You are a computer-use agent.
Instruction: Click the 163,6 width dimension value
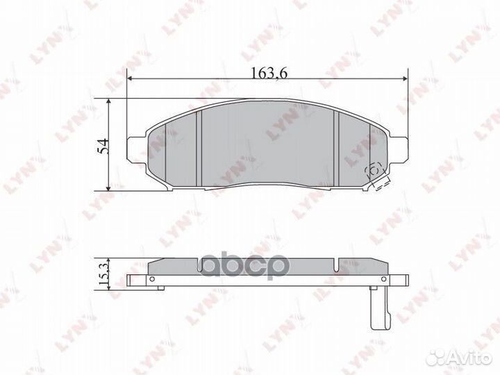point(266,71)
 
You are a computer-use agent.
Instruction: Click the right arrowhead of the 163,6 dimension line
point(405,79)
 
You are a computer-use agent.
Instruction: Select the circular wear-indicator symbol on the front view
point(373,169)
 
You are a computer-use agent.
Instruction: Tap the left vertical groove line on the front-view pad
point(199,149)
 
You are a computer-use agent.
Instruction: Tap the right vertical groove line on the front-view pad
point(336,149)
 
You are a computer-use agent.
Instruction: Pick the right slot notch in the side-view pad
point(335,263)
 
